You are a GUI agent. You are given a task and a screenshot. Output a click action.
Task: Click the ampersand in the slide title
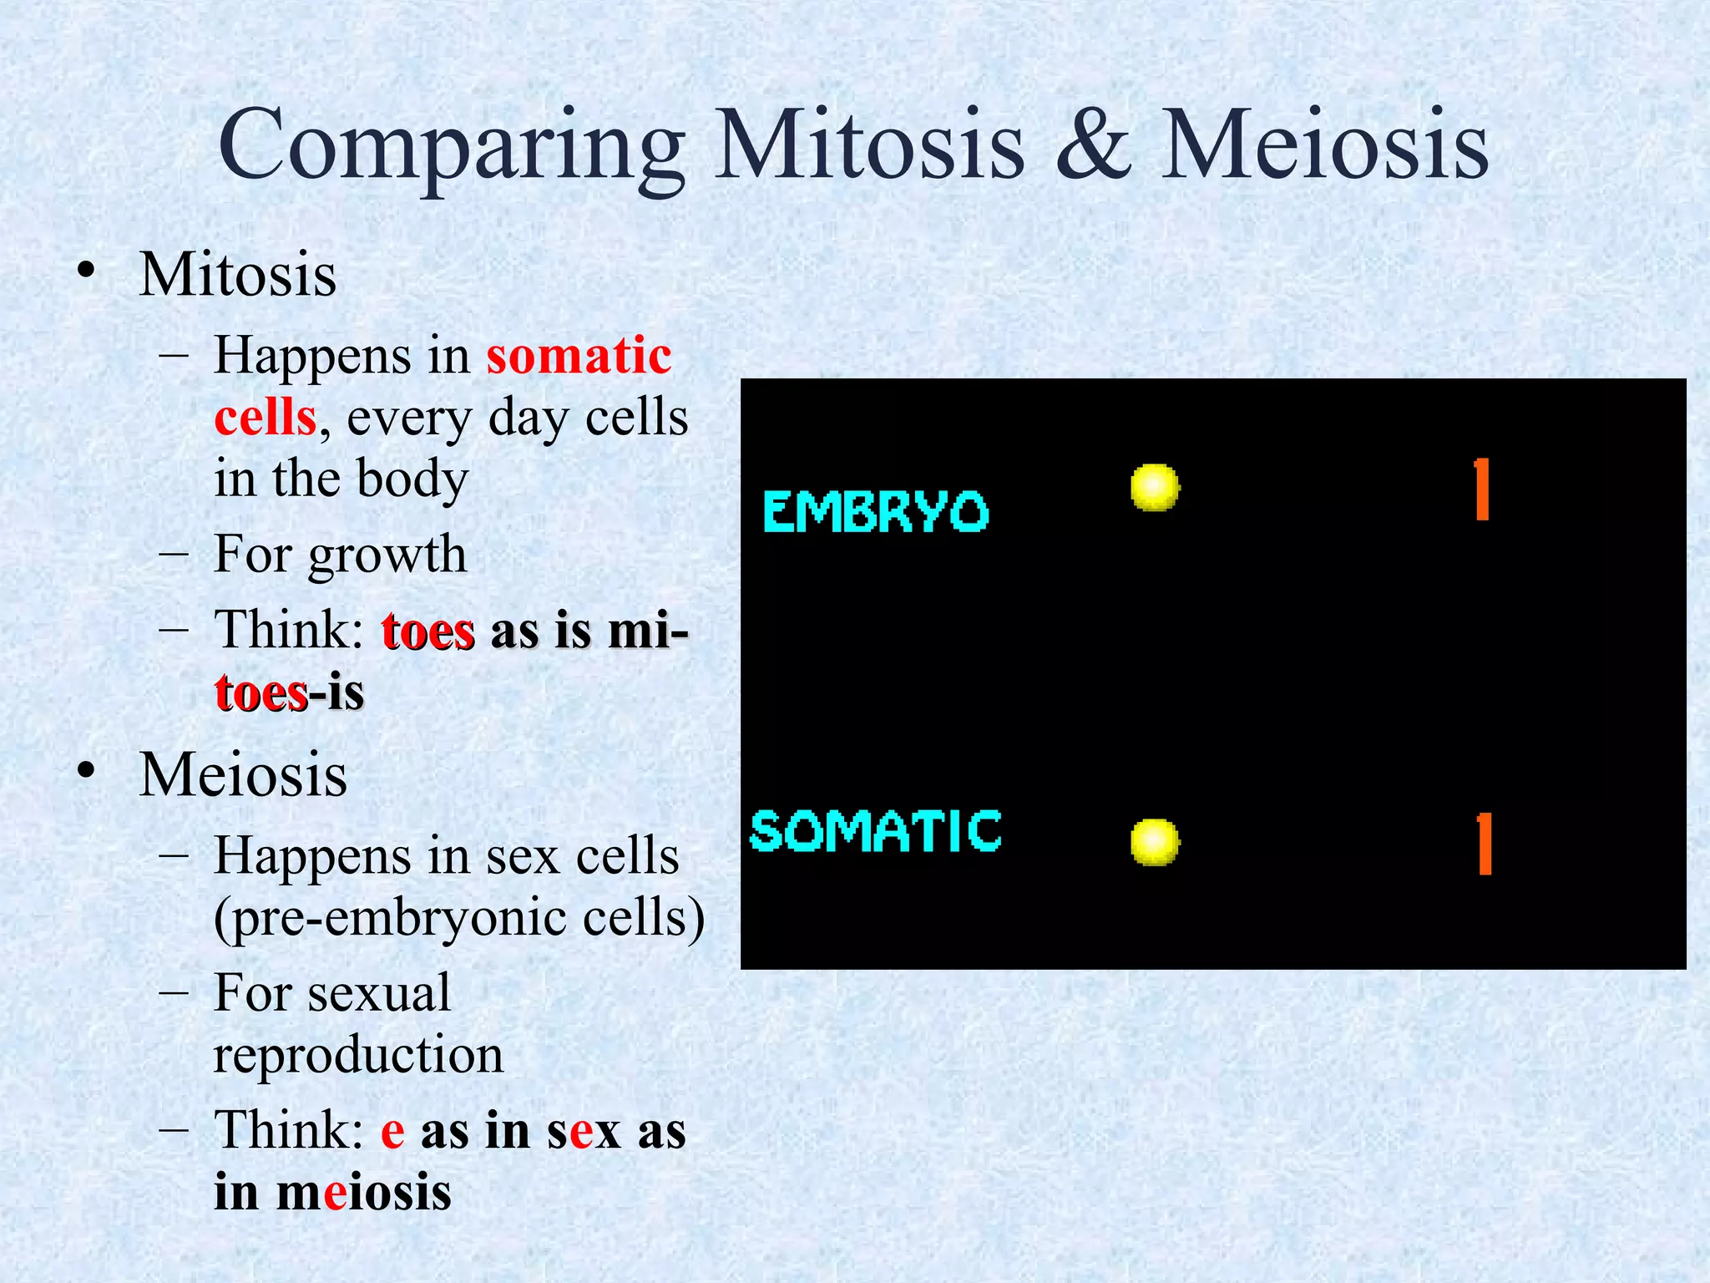(x=1094, y=145)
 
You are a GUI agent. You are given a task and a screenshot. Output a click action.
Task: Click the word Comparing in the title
(x=451, y=147)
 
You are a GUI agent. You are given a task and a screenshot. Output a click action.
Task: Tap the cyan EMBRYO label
(x=875, y=511)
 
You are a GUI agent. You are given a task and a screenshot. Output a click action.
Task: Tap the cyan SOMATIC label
(x=875, y=831)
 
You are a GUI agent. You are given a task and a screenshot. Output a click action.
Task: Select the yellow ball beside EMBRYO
(x=1155, y=487)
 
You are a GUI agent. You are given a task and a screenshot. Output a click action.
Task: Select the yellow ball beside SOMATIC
(x=1155, y=842)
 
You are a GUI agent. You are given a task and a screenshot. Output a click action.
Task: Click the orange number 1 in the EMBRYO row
(x=1482, y=489)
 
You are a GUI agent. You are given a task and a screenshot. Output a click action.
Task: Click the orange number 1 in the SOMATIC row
(x=1484, y=844)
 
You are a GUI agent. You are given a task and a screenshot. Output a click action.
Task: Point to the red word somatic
(x=579, y=356)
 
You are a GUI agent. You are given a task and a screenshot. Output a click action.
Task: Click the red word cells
(x=266, y=418)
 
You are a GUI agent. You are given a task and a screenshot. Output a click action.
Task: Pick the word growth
(x=387, y=555)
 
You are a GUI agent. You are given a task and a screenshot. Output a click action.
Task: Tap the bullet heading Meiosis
(x=243, y=775)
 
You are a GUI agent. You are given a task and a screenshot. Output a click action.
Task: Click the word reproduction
(x=358, y=1055)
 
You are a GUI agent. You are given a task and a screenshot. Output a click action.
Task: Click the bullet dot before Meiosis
(x=86, y=773)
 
